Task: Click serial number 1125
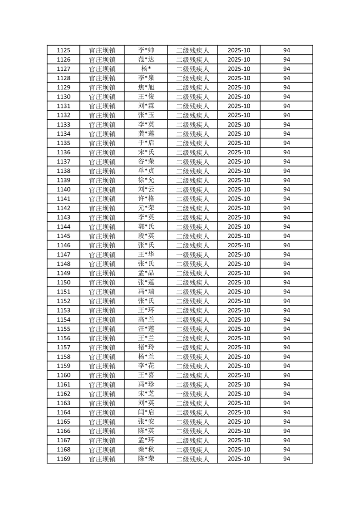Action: click(x=64, y=50)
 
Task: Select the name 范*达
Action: click(x=146, y=59)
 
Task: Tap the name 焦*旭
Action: click(x=146, y=88)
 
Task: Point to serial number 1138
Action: click(x=64, y=171)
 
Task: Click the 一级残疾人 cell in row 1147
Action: click(x=192, y=254)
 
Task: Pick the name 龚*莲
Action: click(x=146, y=134)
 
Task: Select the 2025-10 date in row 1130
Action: click(x=239, y=97)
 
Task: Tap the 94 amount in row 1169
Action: click(x=286, y=459)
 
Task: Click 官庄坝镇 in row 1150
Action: click(x=102, y=282)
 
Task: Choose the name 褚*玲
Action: click(x=146, y=347)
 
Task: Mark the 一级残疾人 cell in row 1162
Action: click(x=192, y=394)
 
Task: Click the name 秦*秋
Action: click(x=146, y=450)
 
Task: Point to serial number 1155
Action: click(x=64, y=329)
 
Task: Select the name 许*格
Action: click(x=146, y=199)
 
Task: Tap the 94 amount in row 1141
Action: click(x=286, y=199)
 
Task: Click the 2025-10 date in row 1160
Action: click(x=239, y=375)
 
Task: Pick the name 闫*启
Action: click(x=146, y=412)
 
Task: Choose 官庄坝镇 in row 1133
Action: click(x=102, y=125)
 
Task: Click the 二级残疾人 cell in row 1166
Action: click(x=192, y=431)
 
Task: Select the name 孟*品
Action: click(x=146, y=273)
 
